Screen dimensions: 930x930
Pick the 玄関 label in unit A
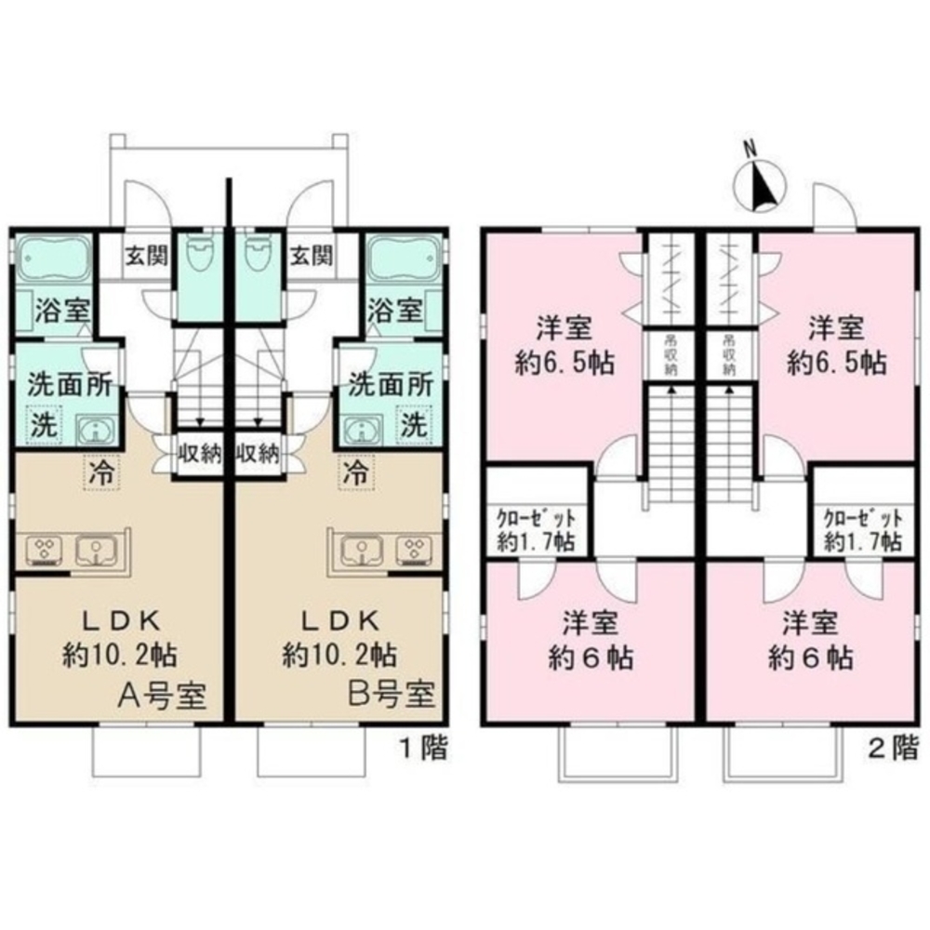[145, 254]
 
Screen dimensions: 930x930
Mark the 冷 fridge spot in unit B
[354, 471]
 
